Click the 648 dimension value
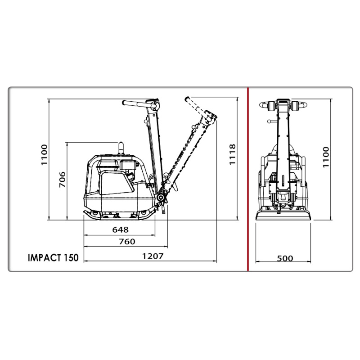point(120,229)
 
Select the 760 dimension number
point(127,242)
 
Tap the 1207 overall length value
point(153,256)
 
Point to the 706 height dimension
point(62,179)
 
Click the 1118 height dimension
point(233,154)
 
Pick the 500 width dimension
point(285,258)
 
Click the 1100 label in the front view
point(326,157)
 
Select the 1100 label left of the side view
point(44,154)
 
